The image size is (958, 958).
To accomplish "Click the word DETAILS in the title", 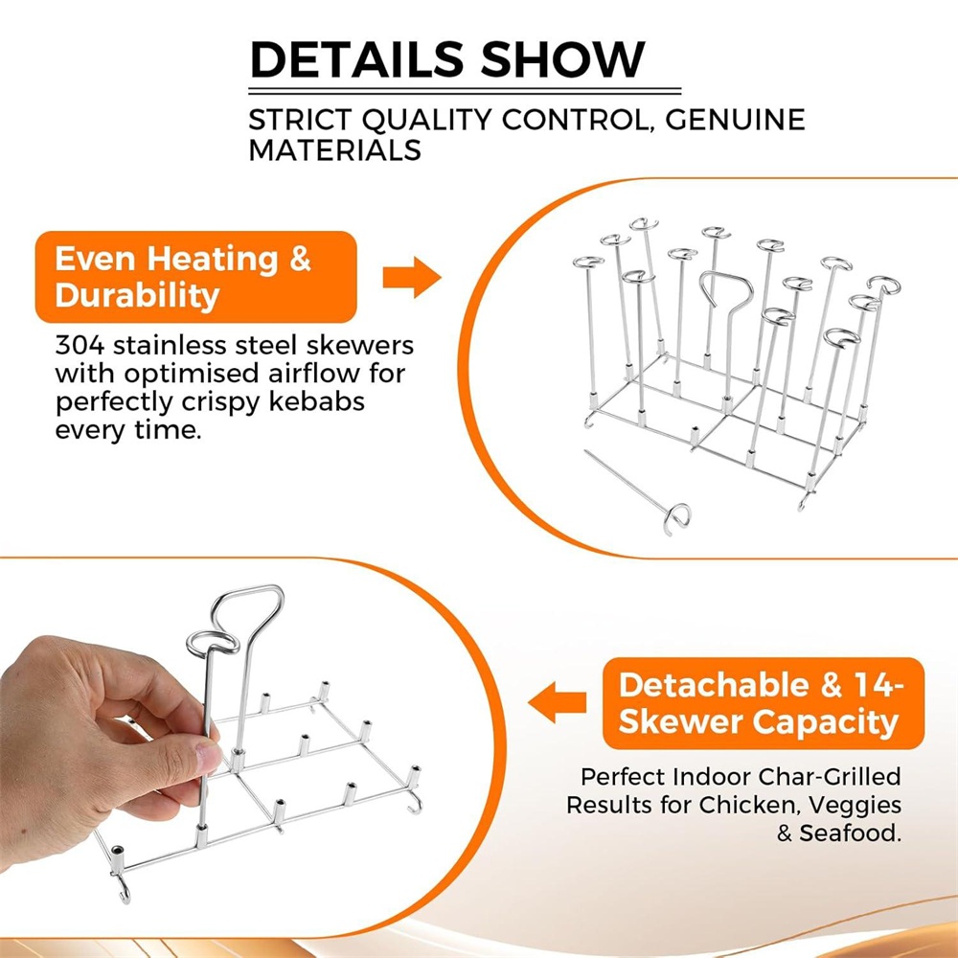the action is point(357,59).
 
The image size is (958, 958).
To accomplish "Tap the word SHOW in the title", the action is point(562,59).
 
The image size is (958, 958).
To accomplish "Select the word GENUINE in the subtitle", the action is point(735,120).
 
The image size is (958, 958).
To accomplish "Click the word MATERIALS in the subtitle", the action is point(334,149).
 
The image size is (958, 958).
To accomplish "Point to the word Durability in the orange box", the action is point(137,296).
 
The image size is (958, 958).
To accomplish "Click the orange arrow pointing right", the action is point(412,278).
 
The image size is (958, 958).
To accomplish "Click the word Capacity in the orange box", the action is point(826,723).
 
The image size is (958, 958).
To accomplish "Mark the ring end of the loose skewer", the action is point(677,518).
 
